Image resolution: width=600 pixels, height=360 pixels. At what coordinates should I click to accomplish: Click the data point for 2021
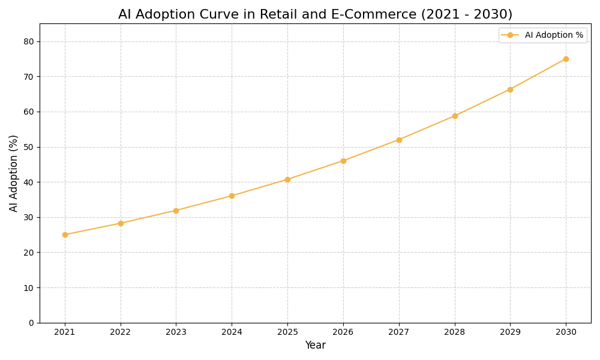click(65, 235)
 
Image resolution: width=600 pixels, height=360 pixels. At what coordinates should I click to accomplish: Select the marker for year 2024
click(232, 196)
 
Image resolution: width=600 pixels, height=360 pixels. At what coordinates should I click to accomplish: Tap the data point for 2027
click(399, 140)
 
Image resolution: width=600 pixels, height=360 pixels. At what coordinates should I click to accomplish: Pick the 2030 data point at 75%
click(566, 59)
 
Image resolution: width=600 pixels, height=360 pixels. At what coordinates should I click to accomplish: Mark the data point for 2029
click(510, 89)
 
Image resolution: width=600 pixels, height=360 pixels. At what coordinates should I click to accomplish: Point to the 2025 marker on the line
click(287, 179)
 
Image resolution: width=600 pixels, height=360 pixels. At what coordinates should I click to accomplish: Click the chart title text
click(315, 14)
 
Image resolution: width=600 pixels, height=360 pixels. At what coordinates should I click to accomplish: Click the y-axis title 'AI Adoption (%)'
click(14, 173)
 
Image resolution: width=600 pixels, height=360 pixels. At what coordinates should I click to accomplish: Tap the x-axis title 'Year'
click(315, 346)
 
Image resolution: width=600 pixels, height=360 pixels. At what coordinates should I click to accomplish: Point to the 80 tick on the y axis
click(29, 41)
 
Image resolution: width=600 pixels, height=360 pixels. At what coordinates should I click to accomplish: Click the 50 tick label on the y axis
click(29, 147)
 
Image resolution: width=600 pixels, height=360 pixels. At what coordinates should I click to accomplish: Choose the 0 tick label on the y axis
click(31, 323)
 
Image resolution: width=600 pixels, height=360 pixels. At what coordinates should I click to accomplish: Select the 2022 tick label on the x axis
click(121, 332)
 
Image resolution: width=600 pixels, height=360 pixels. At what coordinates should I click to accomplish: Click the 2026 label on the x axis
click(343, 332)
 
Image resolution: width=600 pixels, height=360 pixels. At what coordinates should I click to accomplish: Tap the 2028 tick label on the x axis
click(455, 332)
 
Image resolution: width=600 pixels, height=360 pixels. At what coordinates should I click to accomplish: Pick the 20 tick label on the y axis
click(29, 253)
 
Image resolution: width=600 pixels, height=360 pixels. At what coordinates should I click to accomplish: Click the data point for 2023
click(176, 211)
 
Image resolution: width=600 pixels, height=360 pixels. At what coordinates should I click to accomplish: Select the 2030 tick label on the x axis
click(566, 332)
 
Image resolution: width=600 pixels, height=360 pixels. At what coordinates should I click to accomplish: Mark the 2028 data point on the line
click(455, 116)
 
